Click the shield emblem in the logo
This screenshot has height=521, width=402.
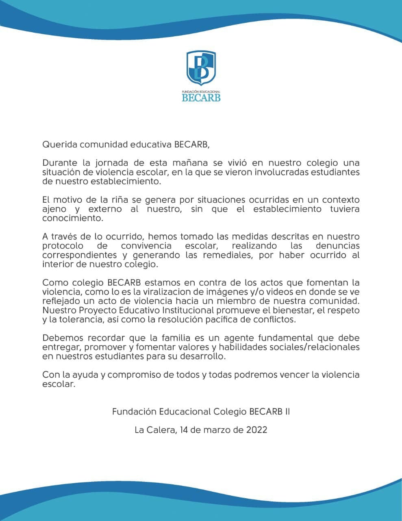tap(201, 68)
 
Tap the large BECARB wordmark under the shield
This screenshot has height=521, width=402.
tap(201, 97)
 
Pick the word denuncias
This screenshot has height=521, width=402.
tap(337, 246)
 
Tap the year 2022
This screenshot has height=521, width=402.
tap(256, 429)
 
